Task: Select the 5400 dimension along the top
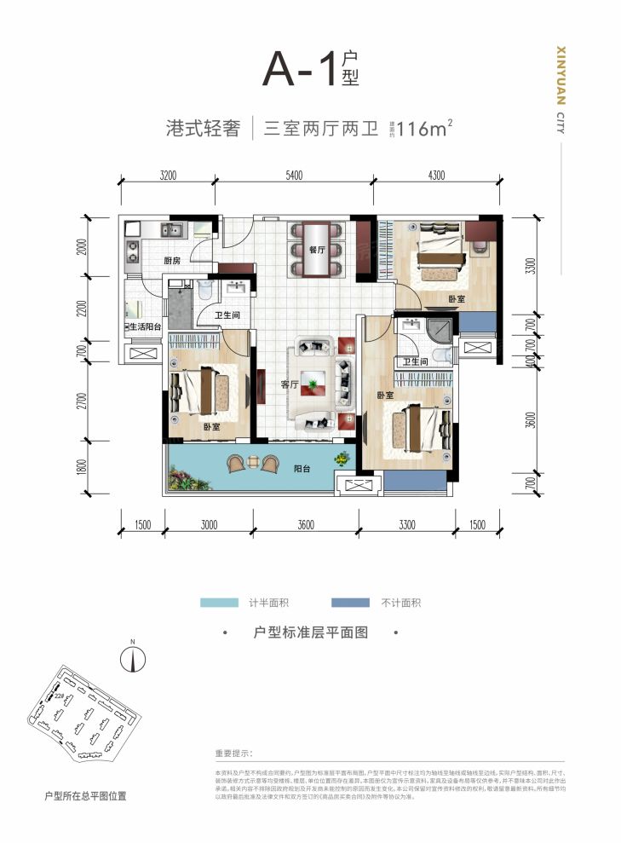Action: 294,176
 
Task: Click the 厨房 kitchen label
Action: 171,261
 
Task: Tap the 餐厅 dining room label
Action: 319,251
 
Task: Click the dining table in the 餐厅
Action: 319,249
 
